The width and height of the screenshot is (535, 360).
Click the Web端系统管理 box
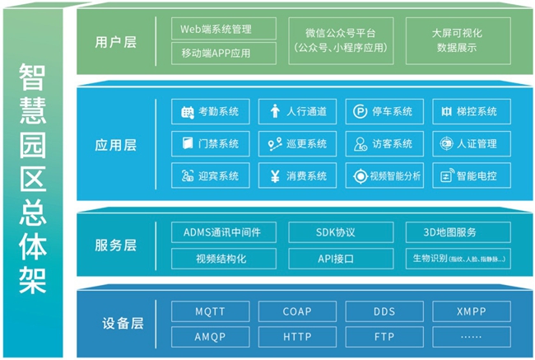216,29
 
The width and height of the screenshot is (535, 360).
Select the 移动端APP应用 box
216,54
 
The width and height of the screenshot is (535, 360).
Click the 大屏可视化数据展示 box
457,41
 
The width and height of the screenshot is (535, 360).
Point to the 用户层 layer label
115,41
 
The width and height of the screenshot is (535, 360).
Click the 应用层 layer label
115,145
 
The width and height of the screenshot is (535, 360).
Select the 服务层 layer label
115,245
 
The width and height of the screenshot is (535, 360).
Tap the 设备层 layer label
115,324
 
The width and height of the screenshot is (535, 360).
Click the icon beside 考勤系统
187,111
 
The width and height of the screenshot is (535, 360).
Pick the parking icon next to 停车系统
361,111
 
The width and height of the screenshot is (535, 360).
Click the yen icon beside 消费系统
274,175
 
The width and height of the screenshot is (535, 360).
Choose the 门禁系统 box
211,143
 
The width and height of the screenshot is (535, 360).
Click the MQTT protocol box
211,311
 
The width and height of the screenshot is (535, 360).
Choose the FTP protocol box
384,336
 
